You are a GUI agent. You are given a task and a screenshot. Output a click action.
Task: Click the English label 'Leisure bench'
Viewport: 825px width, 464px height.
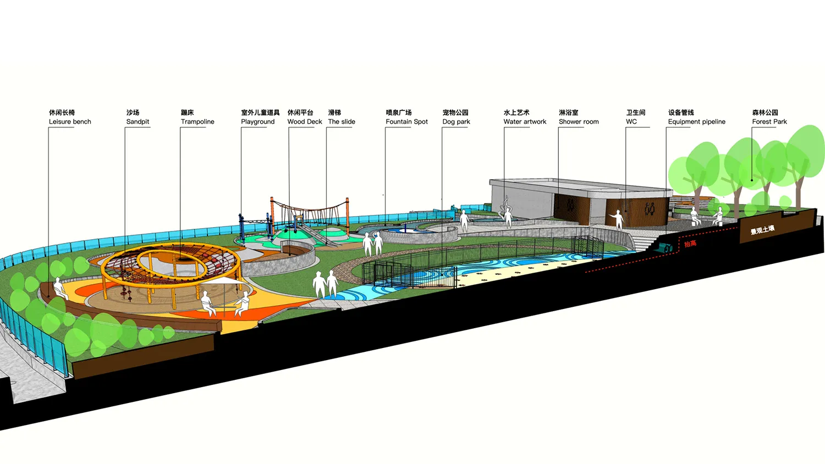pos(70,122)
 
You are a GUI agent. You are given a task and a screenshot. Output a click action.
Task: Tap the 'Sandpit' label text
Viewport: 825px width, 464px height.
pos(137,122)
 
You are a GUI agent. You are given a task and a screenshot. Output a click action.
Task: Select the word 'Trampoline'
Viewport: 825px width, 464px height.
pos(197,122)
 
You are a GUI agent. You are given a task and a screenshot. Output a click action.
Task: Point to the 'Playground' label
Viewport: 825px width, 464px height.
pos(258,122)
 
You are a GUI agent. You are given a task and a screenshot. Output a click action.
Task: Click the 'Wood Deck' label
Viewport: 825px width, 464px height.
pos(305,122)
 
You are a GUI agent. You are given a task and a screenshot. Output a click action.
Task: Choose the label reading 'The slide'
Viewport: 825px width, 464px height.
pos(342,122)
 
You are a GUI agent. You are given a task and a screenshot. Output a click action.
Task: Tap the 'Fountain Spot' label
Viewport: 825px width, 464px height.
pos(406,122)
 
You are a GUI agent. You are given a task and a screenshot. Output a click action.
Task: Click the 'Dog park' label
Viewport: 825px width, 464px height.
pos(457,122)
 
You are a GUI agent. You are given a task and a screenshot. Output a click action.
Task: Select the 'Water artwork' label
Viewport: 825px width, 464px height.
pos(525,122)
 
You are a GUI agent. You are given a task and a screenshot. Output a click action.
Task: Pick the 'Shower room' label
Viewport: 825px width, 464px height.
pos(579,122)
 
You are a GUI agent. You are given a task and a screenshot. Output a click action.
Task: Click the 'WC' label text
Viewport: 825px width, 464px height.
pos(631,122)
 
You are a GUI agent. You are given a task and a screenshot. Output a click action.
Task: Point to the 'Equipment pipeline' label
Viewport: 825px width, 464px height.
pos(696,122)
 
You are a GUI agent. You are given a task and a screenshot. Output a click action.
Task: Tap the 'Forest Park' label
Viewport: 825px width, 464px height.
pos(769,122)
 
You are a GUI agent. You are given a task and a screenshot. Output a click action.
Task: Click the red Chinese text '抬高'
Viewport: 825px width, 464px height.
pos(690,244)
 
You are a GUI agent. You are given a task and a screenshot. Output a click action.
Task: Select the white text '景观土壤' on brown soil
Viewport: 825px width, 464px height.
pos(762,230)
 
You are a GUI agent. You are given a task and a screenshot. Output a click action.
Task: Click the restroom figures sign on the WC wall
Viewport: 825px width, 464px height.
pos(650,209)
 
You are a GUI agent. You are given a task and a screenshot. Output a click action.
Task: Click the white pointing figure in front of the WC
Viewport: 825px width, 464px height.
pos(618,219)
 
